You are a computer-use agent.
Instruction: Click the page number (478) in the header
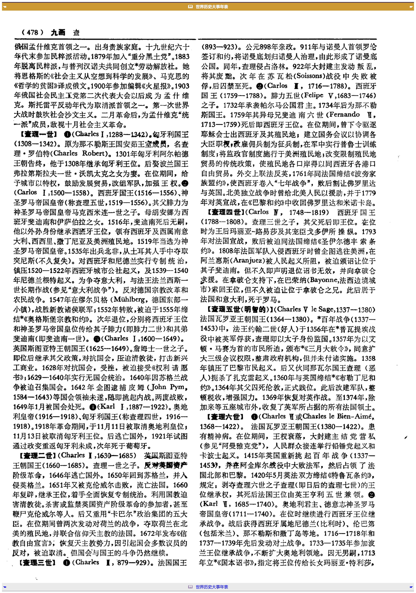33,33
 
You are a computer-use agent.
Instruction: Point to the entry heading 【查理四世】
226,212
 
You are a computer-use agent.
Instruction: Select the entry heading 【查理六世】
225,416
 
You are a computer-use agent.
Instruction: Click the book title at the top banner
212,7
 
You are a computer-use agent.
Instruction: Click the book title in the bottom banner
212,586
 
